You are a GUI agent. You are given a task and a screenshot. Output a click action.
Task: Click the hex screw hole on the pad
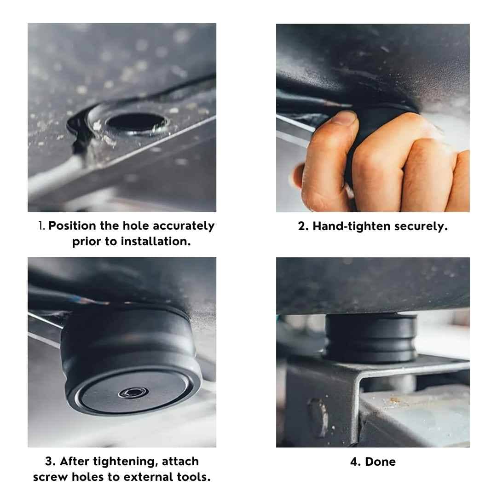(133, 393)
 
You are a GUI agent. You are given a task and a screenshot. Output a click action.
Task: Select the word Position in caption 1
(72, 225)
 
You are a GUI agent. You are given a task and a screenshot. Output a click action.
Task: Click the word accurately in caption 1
(184, 225)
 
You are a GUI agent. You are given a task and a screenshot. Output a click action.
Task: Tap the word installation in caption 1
(156, 242)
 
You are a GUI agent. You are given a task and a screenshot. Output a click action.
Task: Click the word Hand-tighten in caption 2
(352, 226)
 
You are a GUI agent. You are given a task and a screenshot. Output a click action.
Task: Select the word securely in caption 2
(421, 226)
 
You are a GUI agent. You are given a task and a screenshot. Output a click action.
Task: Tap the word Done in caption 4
(381, 462)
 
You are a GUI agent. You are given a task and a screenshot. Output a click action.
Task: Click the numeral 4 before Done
(354, 462)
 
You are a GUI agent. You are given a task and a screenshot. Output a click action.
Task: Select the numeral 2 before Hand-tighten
(302, 226)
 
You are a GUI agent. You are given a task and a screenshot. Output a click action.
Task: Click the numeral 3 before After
(49, 461)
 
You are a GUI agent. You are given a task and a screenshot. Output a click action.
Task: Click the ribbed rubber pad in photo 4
(371, 338)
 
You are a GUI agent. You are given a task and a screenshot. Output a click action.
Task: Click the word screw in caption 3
(51, 477)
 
